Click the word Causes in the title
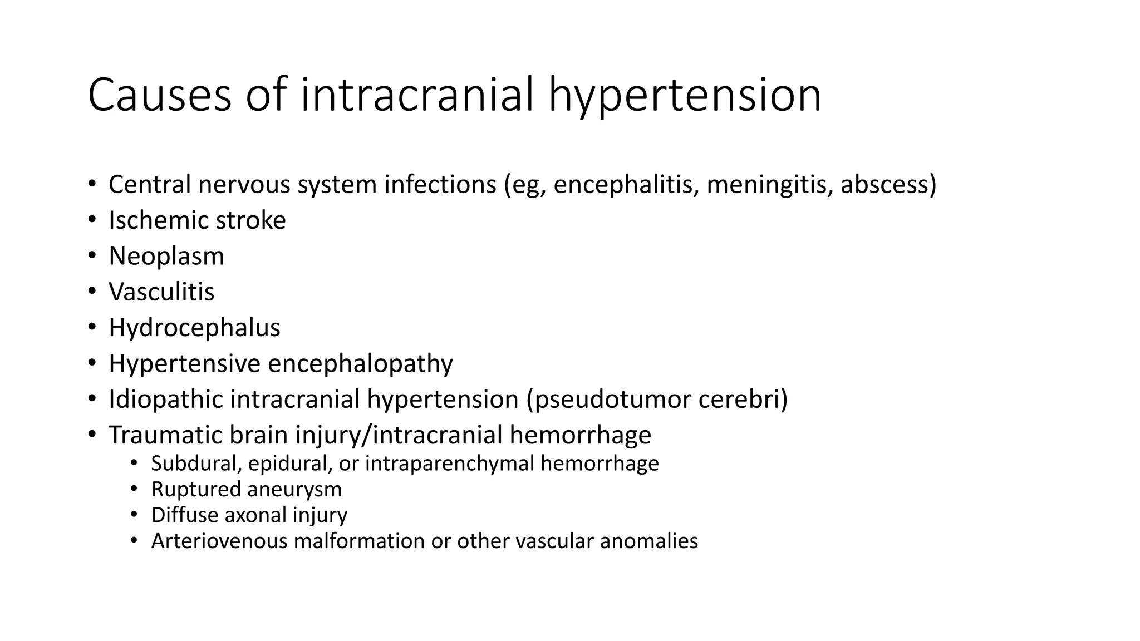click(159, 96)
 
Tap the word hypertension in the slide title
click(685, 96)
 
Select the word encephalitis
click(626, 185)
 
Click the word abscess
click(885, 185)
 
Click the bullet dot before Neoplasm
click(92, 255)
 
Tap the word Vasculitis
click(161, 292)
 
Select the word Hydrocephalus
click(194, 328)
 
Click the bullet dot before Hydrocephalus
click(92, 327)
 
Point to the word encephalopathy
click(360, 364)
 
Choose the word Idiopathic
click(165, 399)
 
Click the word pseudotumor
click(612, 399)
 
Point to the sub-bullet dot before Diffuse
click(134, 514)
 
